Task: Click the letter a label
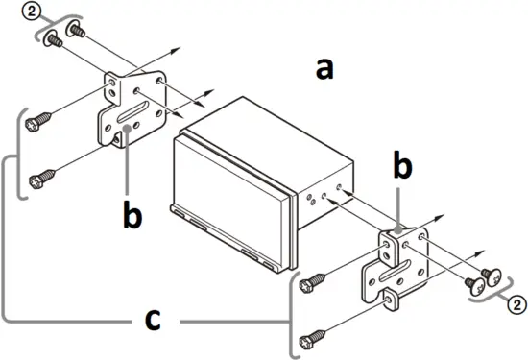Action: [326, 69]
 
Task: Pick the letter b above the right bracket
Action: [403, 166]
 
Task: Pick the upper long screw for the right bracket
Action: [311, 284]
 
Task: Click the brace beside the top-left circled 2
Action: [48, 32]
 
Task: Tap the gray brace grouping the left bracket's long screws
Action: [21, 154]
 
